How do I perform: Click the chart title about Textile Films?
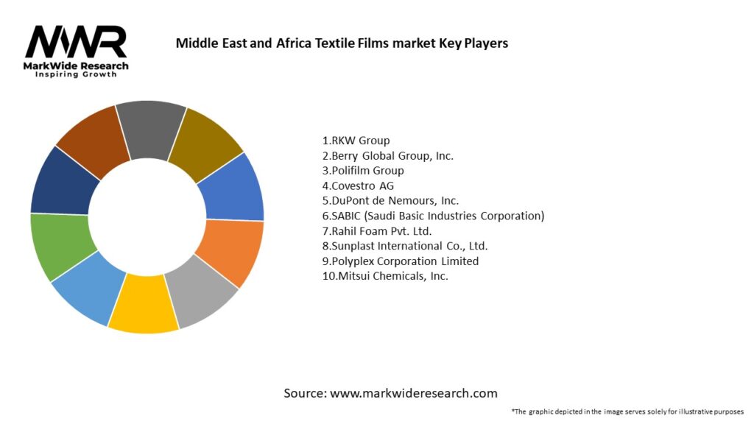click(x=342, y=43)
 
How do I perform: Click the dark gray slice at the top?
click(x=151, y=125)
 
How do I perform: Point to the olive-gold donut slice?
click(x=205, y=140)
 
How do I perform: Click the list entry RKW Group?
click(x=356, y=140)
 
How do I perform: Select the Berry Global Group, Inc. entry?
click(x=387, y=155)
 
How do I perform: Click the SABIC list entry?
click(x=433, y=216)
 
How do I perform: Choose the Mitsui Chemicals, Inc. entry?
click(x=385, y=276)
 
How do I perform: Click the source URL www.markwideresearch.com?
click(x=413, y=393)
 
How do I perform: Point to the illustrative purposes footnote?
click(x=627, y=411)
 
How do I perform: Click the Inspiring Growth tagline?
click(x=76, y=75)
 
